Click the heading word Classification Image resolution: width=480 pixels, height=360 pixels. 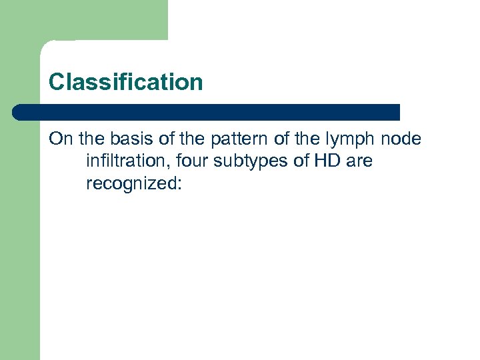tap(125, 83)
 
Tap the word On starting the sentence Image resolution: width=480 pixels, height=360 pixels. tap(61, 139)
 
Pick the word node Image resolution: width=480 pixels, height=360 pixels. tap(399, 139)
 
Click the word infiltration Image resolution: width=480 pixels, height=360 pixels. tap(127, 161)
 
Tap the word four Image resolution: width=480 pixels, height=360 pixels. tap(194, 161)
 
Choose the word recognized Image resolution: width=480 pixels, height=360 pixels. tap(130, 183)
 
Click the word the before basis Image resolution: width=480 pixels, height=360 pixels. tap(91, 139)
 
